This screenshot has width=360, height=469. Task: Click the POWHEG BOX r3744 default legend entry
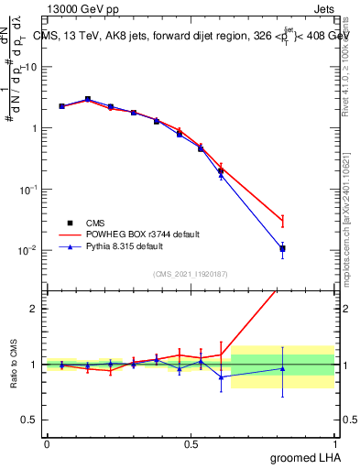point(134,234)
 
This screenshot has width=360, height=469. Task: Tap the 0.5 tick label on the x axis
point(191,443)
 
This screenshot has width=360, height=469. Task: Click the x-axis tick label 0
point(47,443)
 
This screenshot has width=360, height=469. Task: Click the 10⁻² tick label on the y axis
point(27,250)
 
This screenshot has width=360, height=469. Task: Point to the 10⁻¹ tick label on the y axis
point(27,190)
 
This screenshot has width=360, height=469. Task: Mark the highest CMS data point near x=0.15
point(88,99)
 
